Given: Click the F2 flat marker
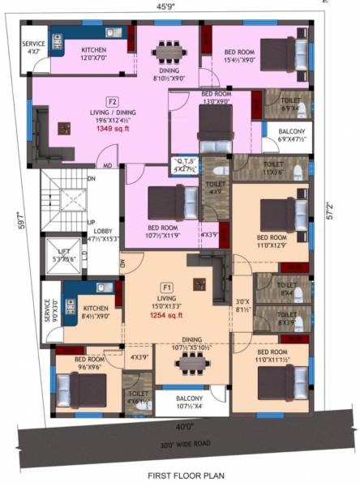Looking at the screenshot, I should point(113,100).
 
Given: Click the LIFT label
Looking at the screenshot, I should point(58,251).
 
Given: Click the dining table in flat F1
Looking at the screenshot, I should point(191,366).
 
